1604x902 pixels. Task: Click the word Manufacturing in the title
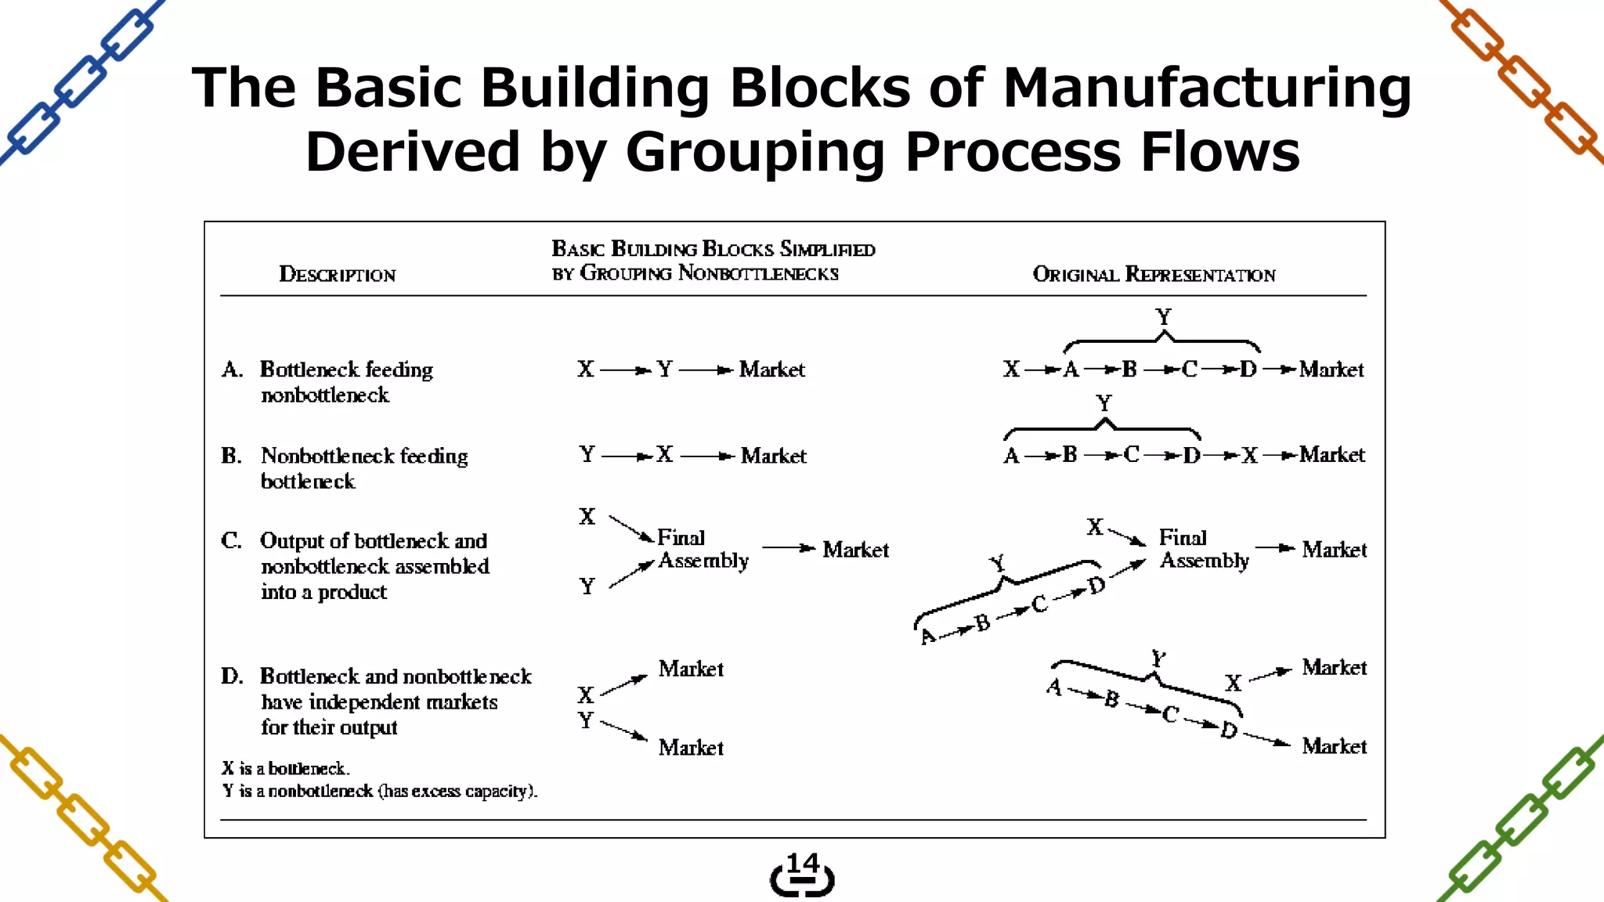coord(1206,88)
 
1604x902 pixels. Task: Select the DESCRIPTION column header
coord(338,275)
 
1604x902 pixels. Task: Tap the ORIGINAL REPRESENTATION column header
coord(1154,275)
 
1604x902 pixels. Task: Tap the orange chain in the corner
coord(1523,82)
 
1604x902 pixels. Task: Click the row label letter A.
coord(231,370)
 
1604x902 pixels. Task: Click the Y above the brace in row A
coord(1163,317)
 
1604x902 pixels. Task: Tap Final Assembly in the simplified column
coord(703,549)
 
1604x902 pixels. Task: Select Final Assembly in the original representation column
coord(1204,549)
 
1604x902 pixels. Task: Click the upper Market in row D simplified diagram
coord(691,669)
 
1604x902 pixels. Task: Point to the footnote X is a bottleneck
coord(286,769)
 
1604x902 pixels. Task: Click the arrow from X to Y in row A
coord(626,370)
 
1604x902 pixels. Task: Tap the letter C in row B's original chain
coord(1131,455)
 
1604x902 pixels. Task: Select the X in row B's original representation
coord(1249,456)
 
